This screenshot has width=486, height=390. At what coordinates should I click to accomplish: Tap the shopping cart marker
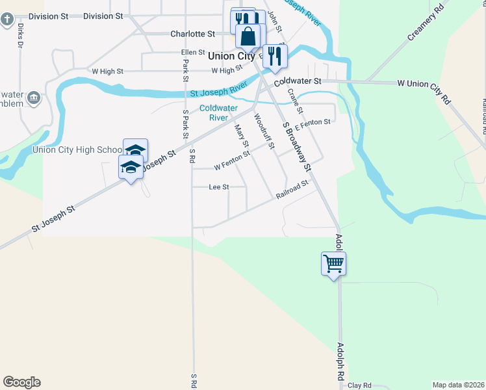tap(333, 263)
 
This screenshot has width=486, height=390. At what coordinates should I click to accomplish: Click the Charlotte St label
tap(192, 34)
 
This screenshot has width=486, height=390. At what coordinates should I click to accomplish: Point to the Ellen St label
tap(193, 53)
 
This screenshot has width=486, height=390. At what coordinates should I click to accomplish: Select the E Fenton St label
tap(313, 122)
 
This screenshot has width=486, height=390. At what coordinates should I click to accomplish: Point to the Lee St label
tap(219, 187)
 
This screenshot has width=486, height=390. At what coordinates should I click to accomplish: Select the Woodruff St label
tap(264, 130)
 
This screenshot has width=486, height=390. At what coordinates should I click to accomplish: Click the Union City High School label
tap(77, 150)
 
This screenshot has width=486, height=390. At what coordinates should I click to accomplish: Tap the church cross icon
tap(7, 19)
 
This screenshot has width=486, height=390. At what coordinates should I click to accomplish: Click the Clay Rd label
tap(359, 385)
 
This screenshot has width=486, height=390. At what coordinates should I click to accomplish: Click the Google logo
tap(21, 382)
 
